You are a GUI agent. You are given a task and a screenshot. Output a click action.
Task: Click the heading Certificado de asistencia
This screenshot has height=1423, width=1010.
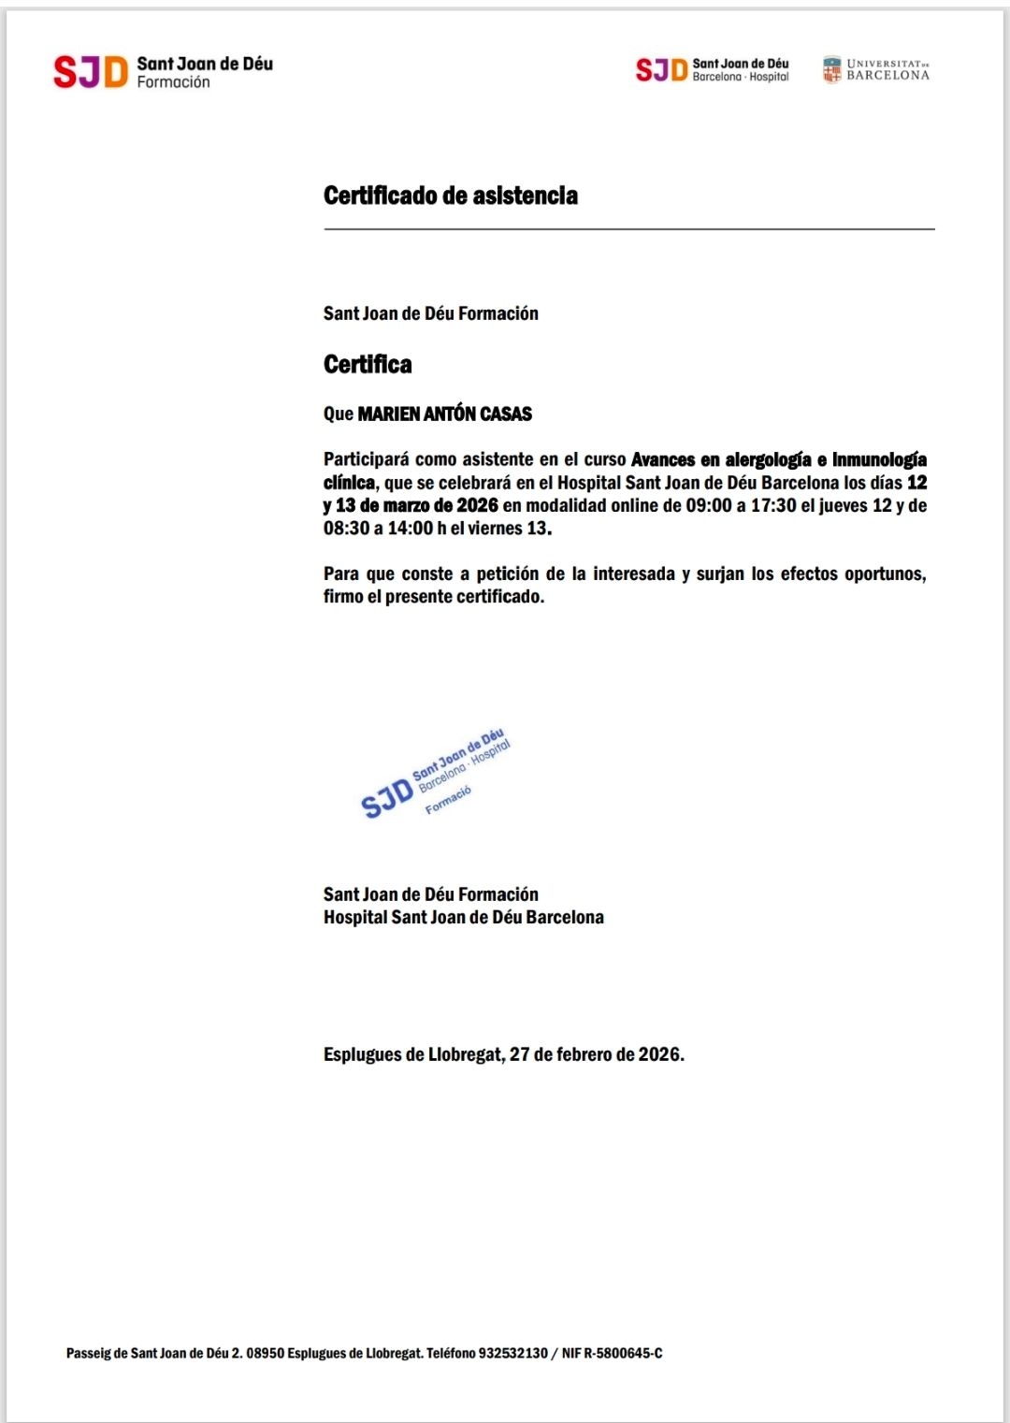450,196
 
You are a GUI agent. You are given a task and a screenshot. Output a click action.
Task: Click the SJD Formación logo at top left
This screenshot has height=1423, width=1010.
163,72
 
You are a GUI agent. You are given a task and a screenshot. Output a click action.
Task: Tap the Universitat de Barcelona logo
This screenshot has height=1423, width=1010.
876,70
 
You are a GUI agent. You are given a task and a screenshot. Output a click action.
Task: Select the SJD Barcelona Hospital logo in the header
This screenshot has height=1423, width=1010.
712,70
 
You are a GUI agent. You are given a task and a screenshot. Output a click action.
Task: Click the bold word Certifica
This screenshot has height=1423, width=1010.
368,364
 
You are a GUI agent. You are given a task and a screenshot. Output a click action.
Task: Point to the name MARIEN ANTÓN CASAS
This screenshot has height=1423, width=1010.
444,414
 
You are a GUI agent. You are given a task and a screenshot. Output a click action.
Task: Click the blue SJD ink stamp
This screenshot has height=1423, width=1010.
437,774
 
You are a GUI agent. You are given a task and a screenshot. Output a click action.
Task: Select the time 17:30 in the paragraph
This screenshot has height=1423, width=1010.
773,505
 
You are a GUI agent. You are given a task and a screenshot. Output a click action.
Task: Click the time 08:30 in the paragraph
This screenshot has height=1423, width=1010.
346,528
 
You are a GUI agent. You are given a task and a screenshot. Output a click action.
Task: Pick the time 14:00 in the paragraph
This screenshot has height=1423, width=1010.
411,528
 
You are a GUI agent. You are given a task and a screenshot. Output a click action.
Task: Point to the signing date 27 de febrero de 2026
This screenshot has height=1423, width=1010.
596,1054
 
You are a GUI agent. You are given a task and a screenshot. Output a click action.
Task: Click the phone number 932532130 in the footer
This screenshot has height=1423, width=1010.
512,1353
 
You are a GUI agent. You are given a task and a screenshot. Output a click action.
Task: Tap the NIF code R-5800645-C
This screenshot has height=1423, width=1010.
623,1353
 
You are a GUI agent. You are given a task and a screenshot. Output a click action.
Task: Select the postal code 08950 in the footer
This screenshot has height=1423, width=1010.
265,1353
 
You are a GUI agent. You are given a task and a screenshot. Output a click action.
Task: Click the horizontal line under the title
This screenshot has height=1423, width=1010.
628,228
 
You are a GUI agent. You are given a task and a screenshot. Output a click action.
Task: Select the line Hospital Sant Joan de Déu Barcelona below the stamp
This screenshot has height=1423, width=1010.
463,917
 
